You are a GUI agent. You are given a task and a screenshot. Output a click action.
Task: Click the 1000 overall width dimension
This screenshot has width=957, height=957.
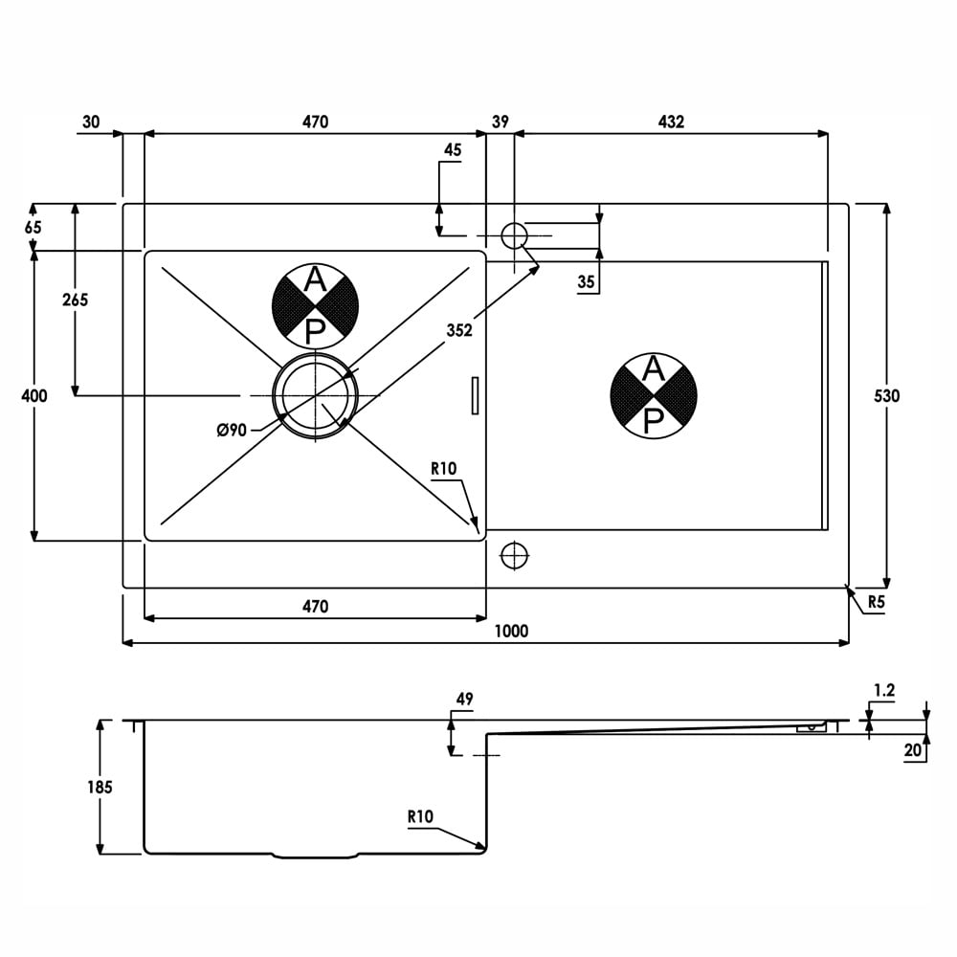pyautogui.click(x=511, y=631)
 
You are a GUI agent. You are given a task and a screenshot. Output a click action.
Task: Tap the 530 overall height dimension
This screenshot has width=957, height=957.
pyautogui.click(x=886, y=396)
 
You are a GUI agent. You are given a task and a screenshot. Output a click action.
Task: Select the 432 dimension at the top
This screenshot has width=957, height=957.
pyautogui.click(x=671, y=122)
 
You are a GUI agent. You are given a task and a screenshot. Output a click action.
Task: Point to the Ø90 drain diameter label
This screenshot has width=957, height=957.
pyautogui.click(x=232, y=431)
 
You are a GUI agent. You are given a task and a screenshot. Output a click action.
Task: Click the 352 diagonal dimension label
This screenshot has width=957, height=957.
pyautogui.click(x=459, y=330)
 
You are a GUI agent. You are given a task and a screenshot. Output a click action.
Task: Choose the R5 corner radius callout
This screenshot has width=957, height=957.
pyautogui.click(x=876, y=602)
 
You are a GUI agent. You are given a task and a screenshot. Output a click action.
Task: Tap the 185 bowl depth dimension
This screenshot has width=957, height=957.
pyautogui.click(x=100, y=788)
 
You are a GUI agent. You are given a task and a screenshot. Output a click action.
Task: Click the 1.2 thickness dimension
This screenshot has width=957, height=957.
pyautogui.click(x=883, y=690)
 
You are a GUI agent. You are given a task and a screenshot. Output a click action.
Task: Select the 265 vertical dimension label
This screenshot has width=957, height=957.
pyautogui.click(x=75, y=300)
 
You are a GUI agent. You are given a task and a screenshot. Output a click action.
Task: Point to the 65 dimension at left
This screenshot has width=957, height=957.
pyautogui.click(x=33, y=227)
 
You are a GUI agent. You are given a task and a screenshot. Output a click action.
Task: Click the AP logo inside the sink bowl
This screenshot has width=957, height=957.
pyautogui.click(x=315, y=306)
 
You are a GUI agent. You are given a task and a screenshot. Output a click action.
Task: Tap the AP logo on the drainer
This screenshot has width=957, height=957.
pyautogui.click(x=653, y=395)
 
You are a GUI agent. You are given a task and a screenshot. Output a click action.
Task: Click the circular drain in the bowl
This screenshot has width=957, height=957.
pyautogui.click(x=315, y=395)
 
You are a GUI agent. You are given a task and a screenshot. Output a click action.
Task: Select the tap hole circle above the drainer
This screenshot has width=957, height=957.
pyautogui.click(x=514, y=235)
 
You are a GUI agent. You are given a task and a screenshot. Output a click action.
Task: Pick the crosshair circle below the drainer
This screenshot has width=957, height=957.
pyautogui.click(x=514, y=555)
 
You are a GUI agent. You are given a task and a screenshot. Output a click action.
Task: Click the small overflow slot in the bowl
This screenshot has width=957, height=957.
pyautogui.click(x=475, y=395)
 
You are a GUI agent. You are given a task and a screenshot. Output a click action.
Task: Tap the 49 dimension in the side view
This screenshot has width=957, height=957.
pyautogui.click(x=464, y=699)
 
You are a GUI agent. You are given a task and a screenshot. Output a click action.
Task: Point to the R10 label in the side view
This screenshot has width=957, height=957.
pyautogui.click(x=420, y=816)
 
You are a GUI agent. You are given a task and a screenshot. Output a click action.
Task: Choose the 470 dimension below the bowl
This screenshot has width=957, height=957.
pyautogui.click(x=315, y=606)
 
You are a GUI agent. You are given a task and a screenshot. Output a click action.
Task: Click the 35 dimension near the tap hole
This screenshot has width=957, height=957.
pyautogui.click(x=586, y=282)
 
